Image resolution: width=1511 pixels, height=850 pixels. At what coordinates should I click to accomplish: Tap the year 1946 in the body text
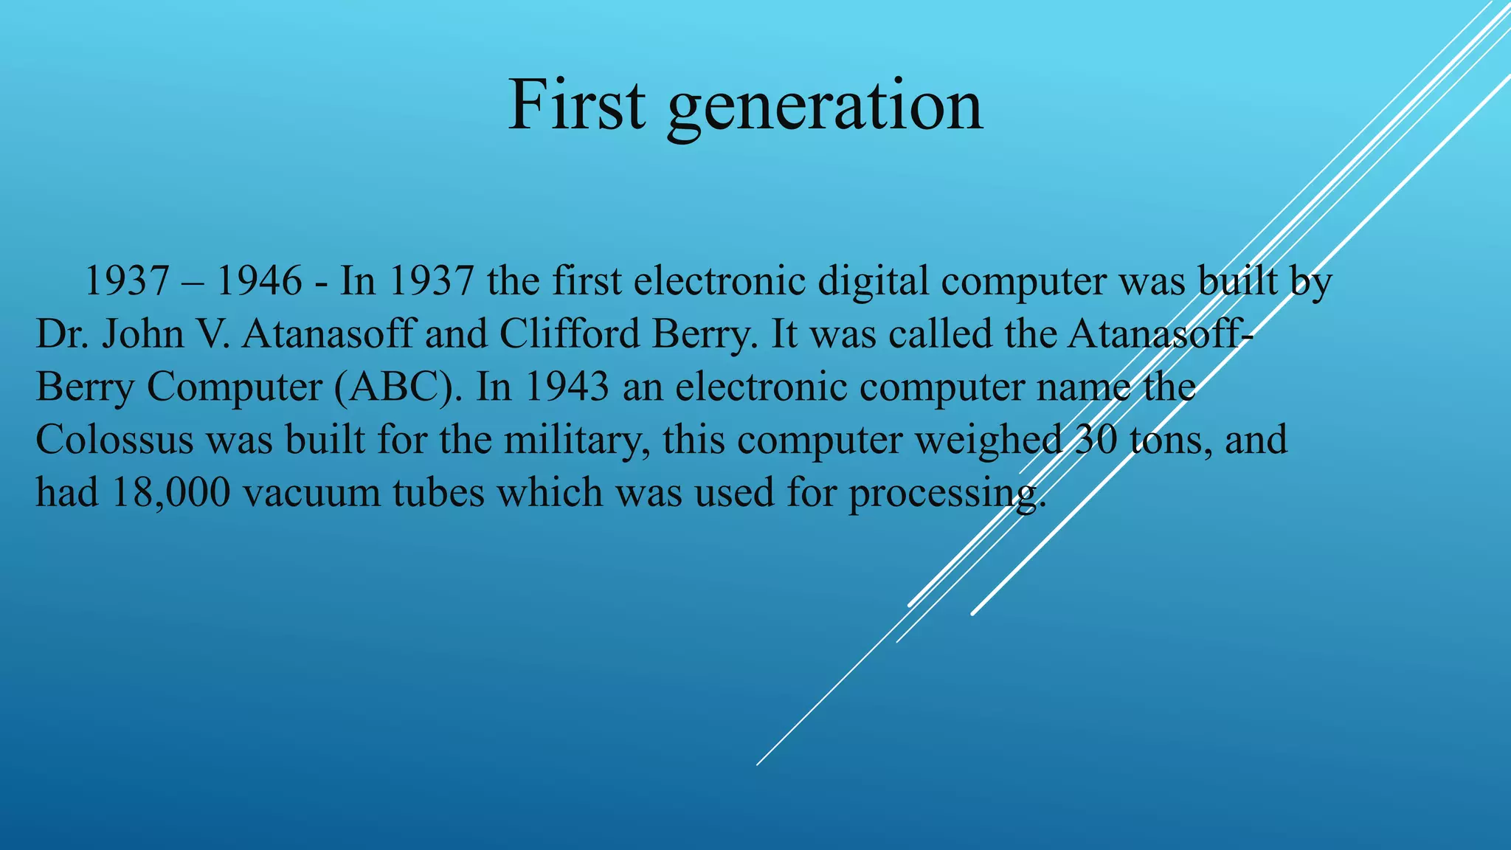pos(259,281)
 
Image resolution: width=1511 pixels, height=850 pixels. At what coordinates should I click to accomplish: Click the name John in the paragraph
pos(142,334)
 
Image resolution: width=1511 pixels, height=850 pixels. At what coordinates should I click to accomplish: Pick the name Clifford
pos(570,334)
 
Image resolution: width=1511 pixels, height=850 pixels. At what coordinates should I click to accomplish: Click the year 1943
pos(567,387)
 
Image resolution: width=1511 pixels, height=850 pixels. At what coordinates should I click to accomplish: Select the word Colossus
pos(114,440)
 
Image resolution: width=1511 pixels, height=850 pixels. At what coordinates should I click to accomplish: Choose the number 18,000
pos(170,493)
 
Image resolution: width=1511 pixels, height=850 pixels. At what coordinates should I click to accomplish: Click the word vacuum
pos(311,493)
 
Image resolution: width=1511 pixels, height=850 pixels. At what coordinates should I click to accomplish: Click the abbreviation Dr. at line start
pos(63,334)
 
